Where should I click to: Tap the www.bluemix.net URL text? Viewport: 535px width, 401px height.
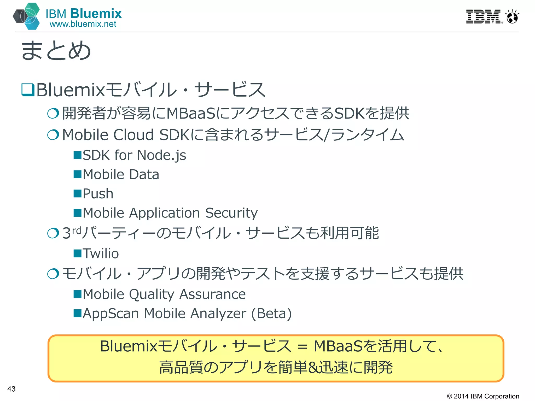[83, 24]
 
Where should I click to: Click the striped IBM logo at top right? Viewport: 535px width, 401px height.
[484, 17]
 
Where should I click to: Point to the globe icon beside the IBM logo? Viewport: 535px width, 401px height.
[512, 17]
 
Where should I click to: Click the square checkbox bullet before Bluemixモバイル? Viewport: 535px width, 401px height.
[28, 90]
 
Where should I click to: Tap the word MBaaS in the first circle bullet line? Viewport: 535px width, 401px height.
[191, 114]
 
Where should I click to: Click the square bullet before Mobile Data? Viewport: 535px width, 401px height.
[78, 174]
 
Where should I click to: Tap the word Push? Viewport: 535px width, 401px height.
[98, 194]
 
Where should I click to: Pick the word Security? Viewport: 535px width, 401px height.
[231, 213]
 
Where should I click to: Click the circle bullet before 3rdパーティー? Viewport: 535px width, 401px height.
[53, 233]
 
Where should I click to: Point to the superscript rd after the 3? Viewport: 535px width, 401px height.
[77, 231]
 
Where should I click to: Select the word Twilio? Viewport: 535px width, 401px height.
[101, 253]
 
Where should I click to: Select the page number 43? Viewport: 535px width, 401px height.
[11, 389]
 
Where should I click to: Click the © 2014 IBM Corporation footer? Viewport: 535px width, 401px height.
[483, 396]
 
